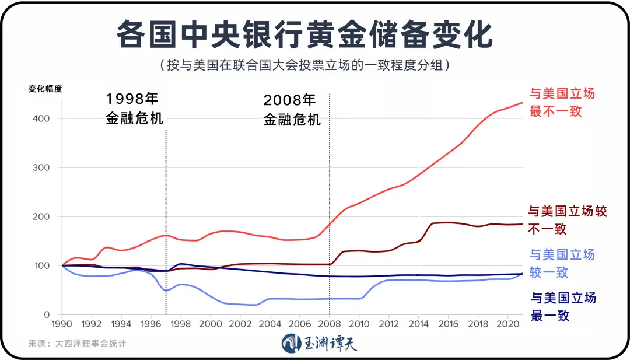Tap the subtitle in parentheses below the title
(x=304, y=64)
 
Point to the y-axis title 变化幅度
(x=45, y=89)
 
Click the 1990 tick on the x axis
(x=61, y=324)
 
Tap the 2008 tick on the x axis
(x=330, y=324)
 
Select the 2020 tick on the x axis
(x=509, y=324)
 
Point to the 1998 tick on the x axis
(x=181, y=324)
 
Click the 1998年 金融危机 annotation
(x=135, y=109)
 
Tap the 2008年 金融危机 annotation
(x=292, y=110)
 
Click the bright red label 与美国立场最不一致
(x=561, y=102)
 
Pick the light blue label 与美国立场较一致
(x=561, y=264)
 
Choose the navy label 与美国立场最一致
(x=562, y=307)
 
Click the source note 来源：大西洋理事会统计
(x=77, y=344)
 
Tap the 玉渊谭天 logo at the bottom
(x=319, y=343)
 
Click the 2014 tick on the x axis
(x=419, y=324)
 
